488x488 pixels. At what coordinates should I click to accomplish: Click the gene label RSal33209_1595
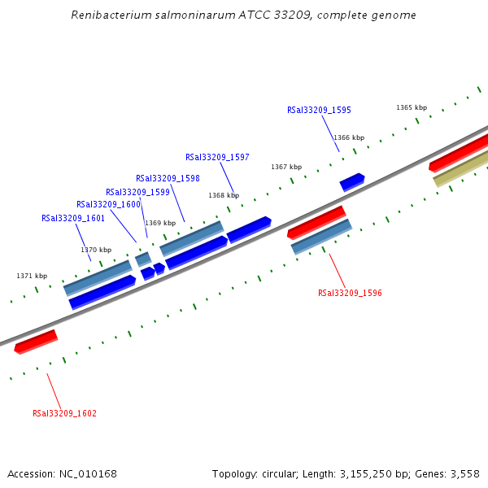click(x=319, y=110)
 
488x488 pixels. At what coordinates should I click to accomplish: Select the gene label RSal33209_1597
click(x=217, y=157)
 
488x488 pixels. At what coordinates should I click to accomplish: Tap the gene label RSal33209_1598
click(x=168, y=178)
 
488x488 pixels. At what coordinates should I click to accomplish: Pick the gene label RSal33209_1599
click(x=137, y=192)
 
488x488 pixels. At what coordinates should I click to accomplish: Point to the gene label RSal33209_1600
click(x=108, y=204)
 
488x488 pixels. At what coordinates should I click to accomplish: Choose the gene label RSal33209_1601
click(x=73, y=218)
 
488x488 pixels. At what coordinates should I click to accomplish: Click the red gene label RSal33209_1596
click(x=350, y=293)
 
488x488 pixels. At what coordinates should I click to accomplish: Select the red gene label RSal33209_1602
click(x=64, y=413)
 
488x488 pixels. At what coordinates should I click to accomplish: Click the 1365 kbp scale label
click(x=412, y=107)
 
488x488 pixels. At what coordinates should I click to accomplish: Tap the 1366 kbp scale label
click(x=349, y=137)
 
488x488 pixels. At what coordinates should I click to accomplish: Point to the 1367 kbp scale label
click(x=286, y=167)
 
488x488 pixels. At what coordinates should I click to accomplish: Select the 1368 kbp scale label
click(x=224, y=195)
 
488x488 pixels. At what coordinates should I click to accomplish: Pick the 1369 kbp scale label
click(x=160, y=223)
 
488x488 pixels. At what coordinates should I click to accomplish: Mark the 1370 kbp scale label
click(x=96, y=250)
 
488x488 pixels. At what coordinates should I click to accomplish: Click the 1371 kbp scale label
click(x=32, y=276)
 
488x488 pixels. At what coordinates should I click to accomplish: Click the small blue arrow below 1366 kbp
click(x=352, y=181)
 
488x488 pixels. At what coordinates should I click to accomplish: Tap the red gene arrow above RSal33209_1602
click(x=36, y=342)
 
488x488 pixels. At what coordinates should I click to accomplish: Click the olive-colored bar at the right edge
click(x=461, y=172)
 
